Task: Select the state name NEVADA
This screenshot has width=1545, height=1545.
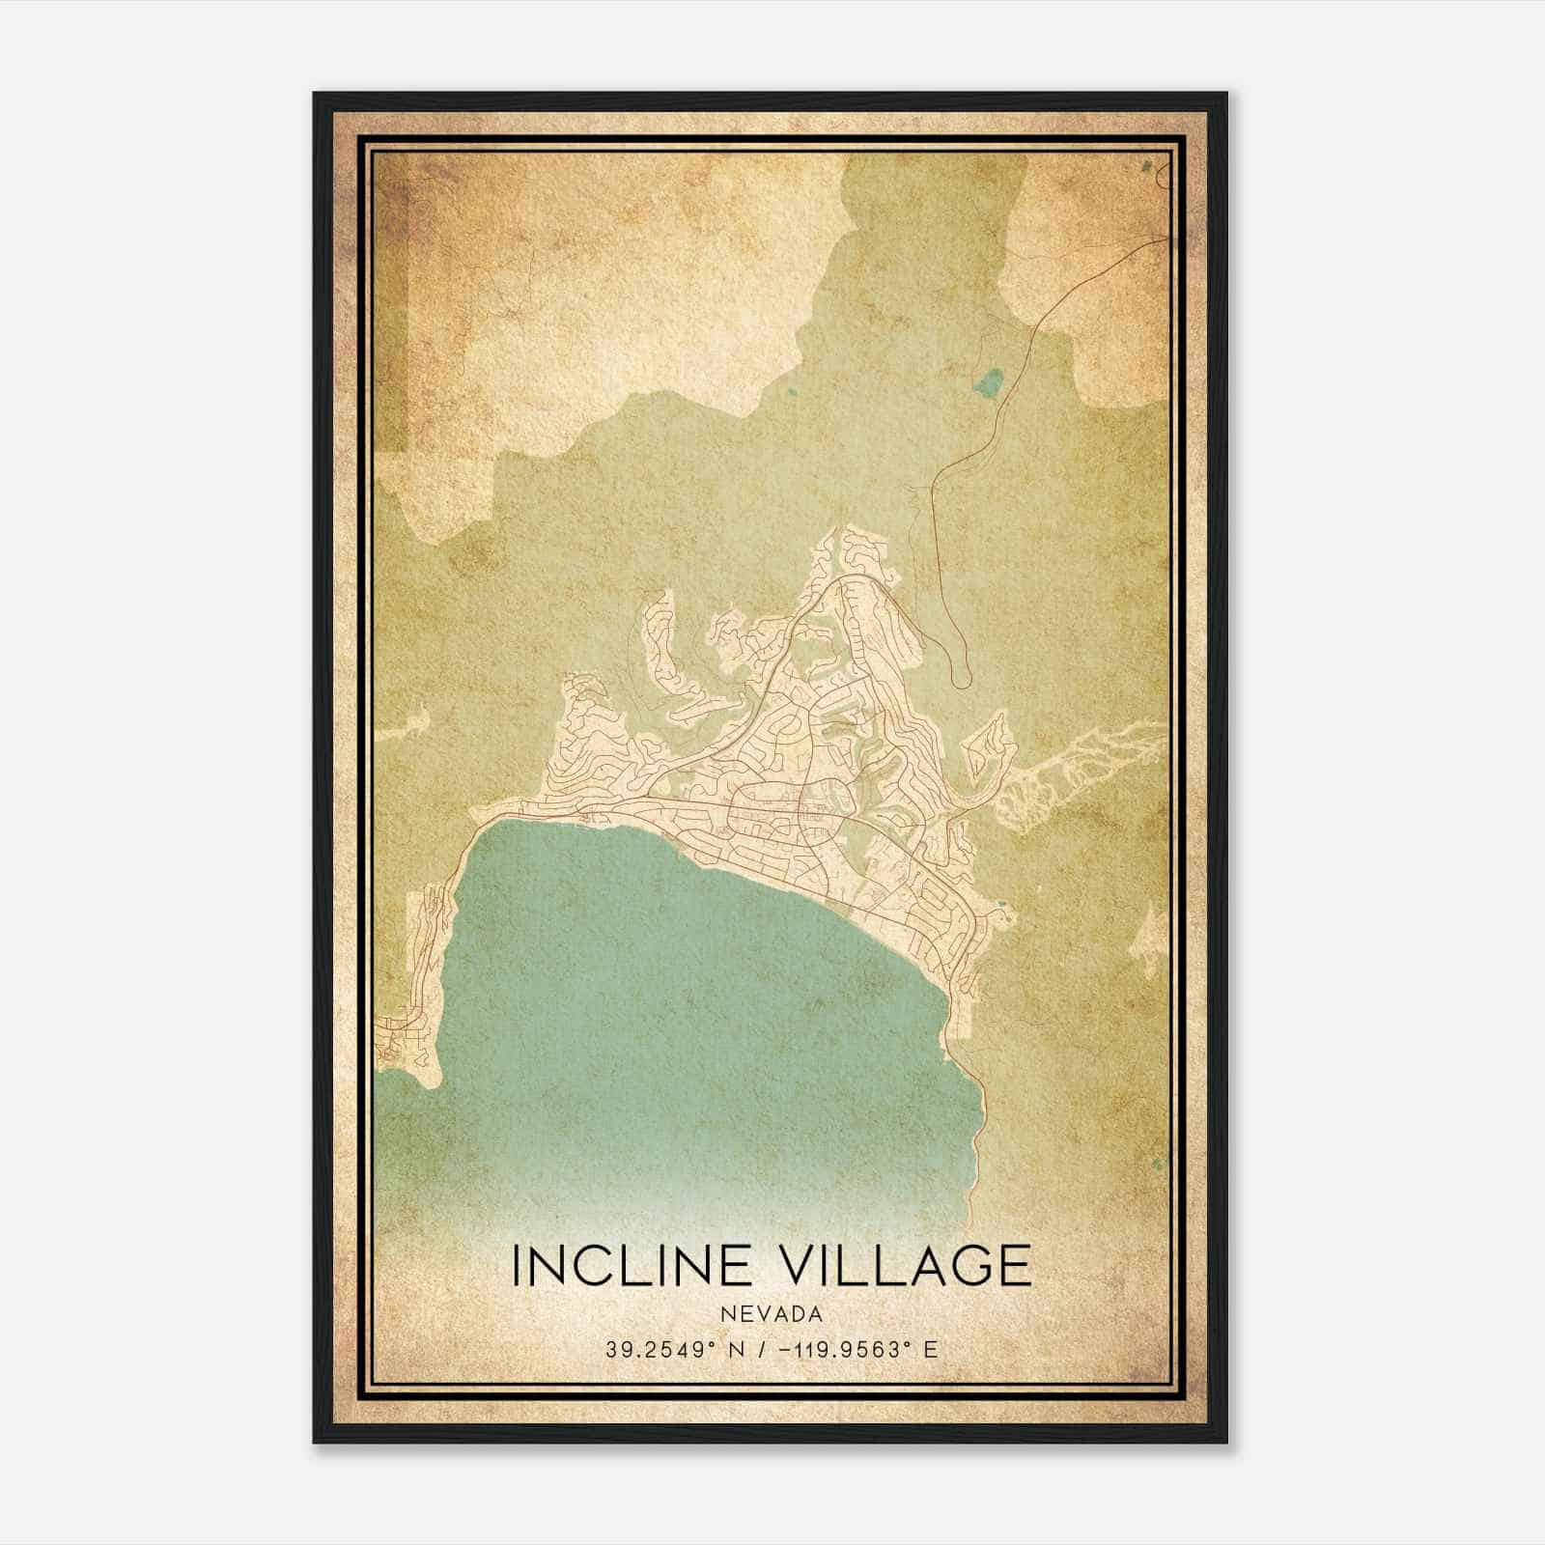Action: tap(772, 1314)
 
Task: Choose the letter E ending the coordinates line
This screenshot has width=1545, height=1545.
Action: tap(931, 1350)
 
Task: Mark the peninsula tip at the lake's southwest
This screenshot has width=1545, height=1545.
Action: tap(425, 1081)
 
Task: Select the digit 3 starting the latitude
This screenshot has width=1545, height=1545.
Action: tap(612, 1350)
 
